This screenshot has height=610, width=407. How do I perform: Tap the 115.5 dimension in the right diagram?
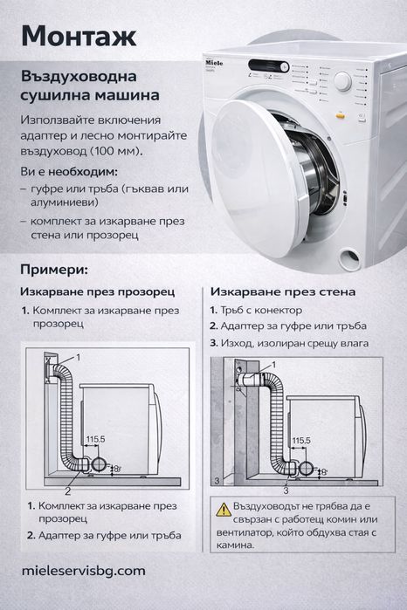[x=300, y=441]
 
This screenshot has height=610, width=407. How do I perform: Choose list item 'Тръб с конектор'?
[x=261, y=310]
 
